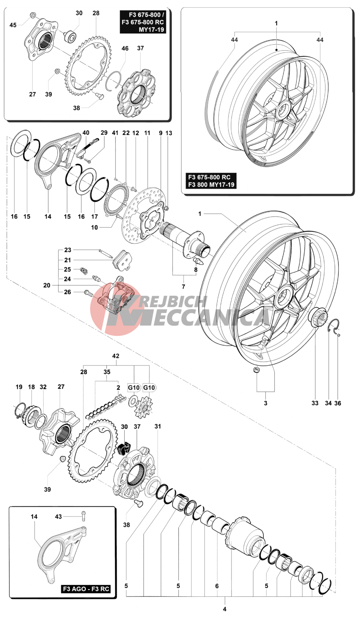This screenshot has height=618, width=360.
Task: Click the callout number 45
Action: pos(13,25)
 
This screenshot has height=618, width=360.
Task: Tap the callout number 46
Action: pos(125,48)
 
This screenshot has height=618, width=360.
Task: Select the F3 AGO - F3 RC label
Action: pos(86,589)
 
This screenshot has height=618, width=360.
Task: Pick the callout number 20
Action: pos(47,285)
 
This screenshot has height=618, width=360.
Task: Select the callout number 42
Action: pos(116,356)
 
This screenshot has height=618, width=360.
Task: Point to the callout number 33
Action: pos(315,403)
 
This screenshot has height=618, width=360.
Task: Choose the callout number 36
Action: pos(338,403)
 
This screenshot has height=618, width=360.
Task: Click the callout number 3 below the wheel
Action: pos(266,403)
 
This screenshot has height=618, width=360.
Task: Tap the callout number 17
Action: pos(94,217)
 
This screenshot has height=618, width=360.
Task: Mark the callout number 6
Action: pos(217,586)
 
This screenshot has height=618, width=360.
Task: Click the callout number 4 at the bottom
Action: pos(225,609)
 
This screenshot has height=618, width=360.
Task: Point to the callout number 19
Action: pos(19,387)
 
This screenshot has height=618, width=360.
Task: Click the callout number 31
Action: pos(158,426)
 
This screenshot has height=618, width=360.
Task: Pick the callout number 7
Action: pos(183,287)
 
